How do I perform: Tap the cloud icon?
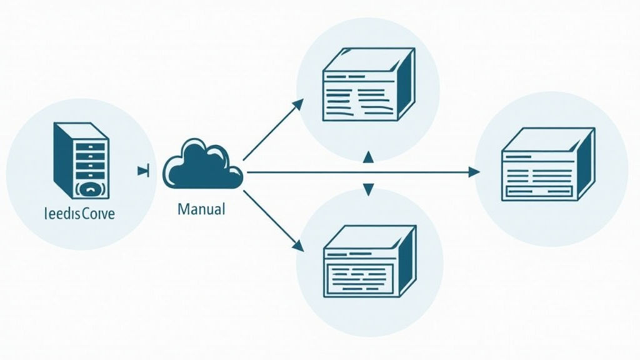pyautogui.click(x=202, y=165)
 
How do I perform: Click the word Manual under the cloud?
pyautogui.click(x=201, y=209)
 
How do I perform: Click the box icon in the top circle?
pyautogui.click(x=367, y=86)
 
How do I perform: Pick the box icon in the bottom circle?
pyautogui.click(x=369, y=261)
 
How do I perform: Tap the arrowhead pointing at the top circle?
pyautogui.click(x=299, y=103)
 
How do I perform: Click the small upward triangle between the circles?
pyautogui.click(x=368, y=156)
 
